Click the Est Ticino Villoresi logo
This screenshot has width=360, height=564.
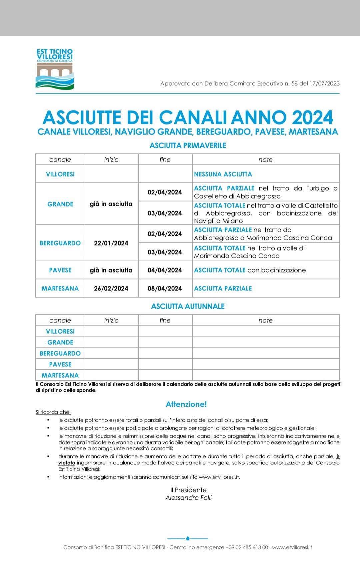coord(55,69)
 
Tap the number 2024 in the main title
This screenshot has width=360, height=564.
coord(312,118)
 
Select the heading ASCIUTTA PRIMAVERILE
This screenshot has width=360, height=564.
coord(188,146)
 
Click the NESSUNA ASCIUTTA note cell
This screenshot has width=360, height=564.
coord(223,174)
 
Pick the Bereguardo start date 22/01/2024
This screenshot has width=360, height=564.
coord(111,243)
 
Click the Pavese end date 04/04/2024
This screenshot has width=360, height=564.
coord(165,270)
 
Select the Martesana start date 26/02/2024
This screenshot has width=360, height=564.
coord(111,288)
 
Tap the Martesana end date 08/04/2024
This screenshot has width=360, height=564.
coord(165,288)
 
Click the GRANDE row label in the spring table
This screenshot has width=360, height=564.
coord(60,204)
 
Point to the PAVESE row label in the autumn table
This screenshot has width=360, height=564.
coord(60,364)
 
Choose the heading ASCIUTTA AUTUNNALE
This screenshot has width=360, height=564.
coord(188,306)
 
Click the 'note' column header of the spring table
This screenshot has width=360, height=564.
coord(265,160)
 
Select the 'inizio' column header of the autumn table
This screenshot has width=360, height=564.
coord(111,320)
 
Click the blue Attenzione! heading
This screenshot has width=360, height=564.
coord(186,404)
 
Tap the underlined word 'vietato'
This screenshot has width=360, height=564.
coord(67,463)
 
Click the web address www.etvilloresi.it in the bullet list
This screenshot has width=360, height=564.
coord(219,477)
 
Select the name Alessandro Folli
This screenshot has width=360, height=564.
coord(189,498)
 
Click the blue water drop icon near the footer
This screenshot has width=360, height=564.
coord(188,538)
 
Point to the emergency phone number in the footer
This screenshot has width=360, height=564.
coord(247,547)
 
